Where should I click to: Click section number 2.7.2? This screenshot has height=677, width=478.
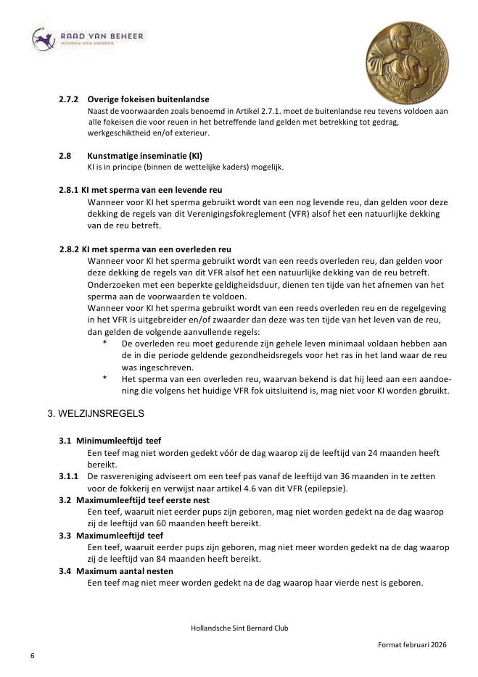[x=70, y=99]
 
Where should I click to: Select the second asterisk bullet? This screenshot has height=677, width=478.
[x=104, y=379]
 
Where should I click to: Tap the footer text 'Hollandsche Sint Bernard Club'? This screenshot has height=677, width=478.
[x=239, y=628]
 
